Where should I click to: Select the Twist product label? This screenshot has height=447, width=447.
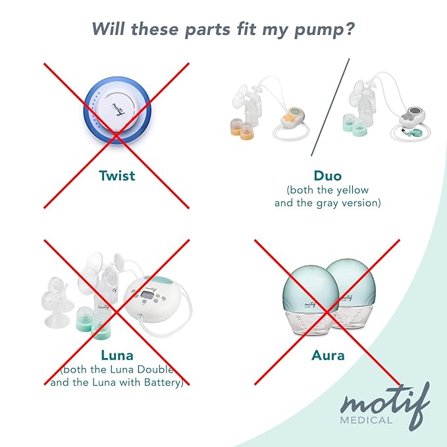click(x=117, y=176)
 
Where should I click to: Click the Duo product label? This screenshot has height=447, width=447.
click(x=327, y=176)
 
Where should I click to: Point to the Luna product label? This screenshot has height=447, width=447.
click(x=117, y=356)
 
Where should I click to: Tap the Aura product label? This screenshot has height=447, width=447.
click(x=327, y=356)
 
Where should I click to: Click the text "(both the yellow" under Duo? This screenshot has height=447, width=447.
click(x=327, y=190)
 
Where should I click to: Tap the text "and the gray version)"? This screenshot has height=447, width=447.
click(x=327, y=203)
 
